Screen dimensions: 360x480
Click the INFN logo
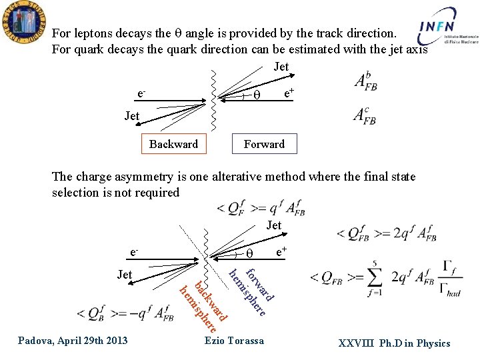point(448,31)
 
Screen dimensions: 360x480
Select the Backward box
point(173,144)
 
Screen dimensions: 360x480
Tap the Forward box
point(264,144)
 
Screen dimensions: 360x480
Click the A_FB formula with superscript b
point(365,81)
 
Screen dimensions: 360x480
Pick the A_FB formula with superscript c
point(365,116)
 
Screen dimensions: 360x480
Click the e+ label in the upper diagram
point(290,95)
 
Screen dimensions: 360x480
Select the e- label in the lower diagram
point(135,253)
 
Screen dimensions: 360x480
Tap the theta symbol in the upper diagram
point(255,96)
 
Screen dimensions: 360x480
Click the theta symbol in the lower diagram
point(249,254)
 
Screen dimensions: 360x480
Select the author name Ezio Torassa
point(234,341)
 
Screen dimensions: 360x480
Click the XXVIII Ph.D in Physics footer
point(394,343)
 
